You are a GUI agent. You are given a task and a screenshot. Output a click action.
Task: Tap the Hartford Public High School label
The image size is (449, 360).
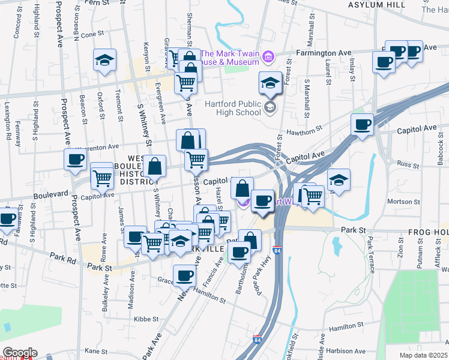(232, 107)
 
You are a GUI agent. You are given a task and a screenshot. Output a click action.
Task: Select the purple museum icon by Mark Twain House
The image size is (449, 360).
(268, 58)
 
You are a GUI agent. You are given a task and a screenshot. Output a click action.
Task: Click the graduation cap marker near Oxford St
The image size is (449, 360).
(104, 60)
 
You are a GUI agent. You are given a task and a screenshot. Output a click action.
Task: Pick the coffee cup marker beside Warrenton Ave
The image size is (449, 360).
(76, 159)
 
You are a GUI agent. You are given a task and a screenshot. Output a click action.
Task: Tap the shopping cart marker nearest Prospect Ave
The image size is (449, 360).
(102, 177)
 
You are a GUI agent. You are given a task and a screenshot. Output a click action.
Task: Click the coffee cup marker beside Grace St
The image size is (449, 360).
(184, 275)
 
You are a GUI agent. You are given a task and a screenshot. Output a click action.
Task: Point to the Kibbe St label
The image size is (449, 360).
(146, 319)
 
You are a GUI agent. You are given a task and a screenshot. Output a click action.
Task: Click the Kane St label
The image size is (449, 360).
(95, 350)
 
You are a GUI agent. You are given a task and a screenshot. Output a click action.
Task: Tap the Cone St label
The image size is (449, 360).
(93, 34)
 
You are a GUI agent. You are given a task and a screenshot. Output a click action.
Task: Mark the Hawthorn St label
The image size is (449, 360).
(304, 128)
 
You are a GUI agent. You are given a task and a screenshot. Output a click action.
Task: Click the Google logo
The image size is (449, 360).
(19, 353)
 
